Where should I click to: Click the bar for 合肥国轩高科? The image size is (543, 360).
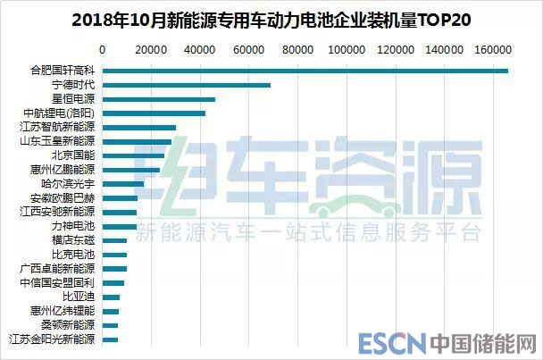(304, 71)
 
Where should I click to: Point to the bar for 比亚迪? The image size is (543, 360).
(111, 297)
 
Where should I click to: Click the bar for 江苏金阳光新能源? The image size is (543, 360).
(110, 339)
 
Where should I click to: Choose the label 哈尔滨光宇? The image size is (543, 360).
(70, 184)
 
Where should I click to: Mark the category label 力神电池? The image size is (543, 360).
(74, 226)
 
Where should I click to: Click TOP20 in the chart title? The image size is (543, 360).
(439, 18)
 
